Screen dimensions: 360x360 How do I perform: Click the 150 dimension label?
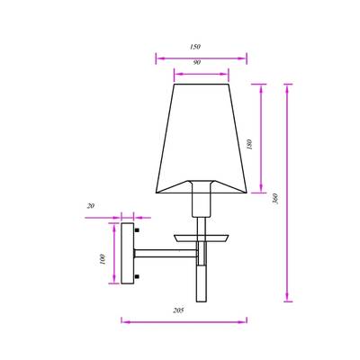click(195, 46)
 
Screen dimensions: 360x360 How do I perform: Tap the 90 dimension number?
click(195, 64)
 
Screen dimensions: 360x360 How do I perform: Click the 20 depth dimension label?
click(92, 205)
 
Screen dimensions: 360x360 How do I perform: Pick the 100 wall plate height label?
click(103, 258)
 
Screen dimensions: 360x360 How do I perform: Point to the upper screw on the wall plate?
click(138, 231)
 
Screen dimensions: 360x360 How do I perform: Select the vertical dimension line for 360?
click(289, 193)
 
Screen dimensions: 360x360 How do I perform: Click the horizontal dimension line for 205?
click(184, 319)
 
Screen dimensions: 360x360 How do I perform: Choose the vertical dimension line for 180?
click(261, 139)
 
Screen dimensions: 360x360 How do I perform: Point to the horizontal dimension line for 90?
click(195, 74)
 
